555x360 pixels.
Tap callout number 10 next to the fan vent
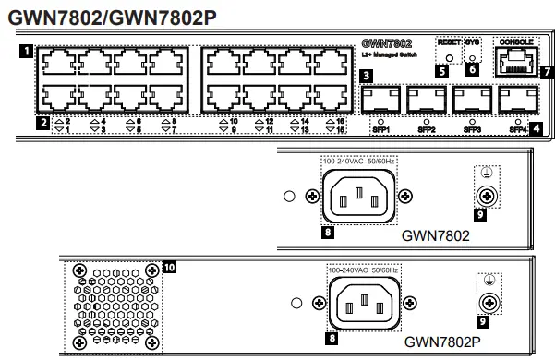tap(168, 268)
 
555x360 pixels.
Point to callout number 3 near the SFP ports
tap(368, 77)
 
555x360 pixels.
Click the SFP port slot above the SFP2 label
tap(427, 99)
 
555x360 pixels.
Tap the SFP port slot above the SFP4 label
tap(518, 99)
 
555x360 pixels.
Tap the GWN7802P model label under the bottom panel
tap(442, 341)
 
